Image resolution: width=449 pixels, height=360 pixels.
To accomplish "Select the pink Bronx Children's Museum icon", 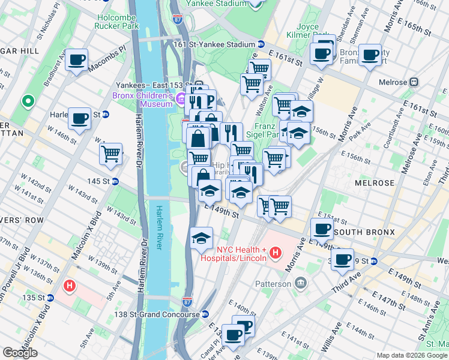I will pyautogui.click(x=181, y=99).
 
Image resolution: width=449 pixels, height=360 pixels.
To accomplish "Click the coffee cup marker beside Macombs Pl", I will pyautogui.click(x=77, y=60).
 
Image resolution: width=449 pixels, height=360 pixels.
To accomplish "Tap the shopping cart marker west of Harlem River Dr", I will pyautogui.click(x=111, y=154).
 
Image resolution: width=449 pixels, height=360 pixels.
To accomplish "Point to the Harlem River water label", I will pyautogui.click(x=160, y=229).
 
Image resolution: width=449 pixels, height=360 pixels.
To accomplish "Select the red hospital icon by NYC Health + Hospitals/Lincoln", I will pyautogui.click(x=276, y=253).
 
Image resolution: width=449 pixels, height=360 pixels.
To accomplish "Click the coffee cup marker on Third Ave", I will pyautogui.click(x=343, y=260).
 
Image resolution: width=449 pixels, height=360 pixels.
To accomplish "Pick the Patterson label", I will pyautogui.click(x=277, y=281).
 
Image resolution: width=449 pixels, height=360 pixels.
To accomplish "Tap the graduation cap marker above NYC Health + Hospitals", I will pyautogui.click(x=201, y=238).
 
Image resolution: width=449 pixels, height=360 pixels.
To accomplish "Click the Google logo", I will pyautogui.click(x=20, y=353).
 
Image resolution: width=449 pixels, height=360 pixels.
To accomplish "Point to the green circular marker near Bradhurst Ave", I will pyautogui.click(x=28, y=101).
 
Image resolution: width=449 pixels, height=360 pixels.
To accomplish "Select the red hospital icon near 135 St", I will pyautogui.click(x=69, y=286).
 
